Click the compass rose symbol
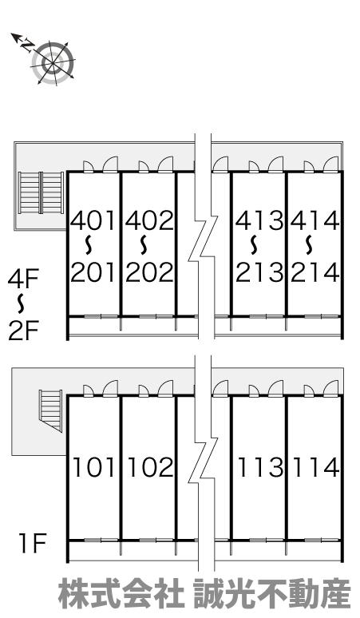53,63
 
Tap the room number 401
93,220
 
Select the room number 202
149,272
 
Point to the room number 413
259,220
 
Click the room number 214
315,272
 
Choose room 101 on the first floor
94,467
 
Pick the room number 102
151,467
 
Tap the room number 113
261,467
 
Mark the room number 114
316,467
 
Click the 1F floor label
33,543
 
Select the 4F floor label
23,279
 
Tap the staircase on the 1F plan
51,410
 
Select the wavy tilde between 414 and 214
310,245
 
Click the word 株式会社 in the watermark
121,594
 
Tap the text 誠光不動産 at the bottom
272,594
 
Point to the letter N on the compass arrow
27,46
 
